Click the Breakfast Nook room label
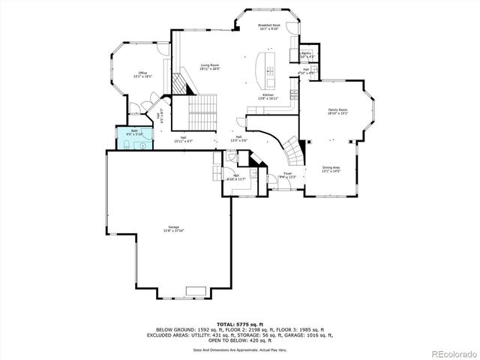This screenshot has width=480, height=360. [x=268, y=27]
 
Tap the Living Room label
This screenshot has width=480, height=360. [x=209, y=67]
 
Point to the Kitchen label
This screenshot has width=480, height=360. [x=268, y=96]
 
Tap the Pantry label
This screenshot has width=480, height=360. [x=307, y=55]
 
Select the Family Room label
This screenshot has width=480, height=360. [x=337, y=112]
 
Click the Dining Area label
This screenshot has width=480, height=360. [x=331, y=169]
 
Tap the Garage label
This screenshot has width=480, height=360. [x=173, y=229]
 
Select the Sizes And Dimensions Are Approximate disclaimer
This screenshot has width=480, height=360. [x=239, y=349]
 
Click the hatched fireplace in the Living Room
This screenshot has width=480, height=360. [x=181, y=83]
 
